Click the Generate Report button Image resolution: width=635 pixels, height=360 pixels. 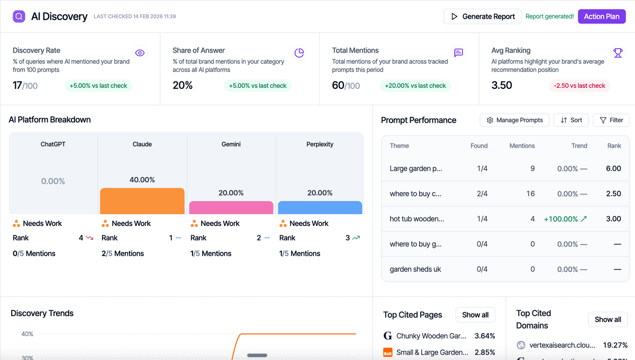pos(482,16)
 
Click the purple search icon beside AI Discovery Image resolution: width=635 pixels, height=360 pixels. pos(19,16)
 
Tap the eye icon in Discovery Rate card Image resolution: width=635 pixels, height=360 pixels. pos(140,53)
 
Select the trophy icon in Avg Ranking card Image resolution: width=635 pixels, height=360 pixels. pos(618,53)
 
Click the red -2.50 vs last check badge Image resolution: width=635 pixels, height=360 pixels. pos(579,86)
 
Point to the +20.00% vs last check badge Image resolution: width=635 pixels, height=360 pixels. pos(415,86)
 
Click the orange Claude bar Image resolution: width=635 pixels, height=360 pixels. pos(142,201)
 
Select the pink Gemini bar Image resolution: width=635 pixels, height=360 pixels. pos(231,208)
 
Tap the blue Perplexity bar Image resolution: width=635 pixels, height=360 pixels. pos(320,208)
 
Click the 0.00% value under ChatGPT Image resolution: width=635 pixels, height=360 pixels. pos(53,181)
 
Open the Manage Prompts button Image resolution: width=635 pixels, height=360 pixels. pos(514,120)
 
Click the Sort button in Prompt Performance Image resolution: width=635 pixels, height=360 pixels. pos(571,120)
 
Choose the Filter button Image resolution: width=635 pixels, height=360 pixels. pos(611,120)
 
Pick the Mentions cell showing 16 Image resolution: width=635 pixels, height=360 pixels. pos(530,194)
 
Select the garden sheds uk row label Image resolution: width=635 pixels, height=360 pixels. pos(415,269)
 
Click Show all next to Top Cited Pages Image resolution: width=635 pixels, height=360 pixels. pos(475,315)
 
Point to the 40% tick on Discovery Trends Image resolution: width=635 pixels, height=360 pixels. pos(27,334)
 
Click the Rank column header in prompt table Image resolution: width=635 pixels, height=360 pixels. pos(614,146)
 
